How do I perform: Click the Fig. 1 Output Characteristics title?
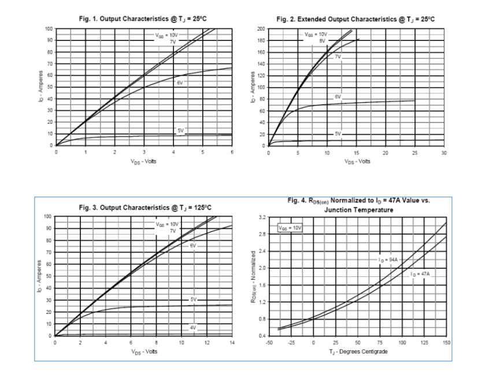click(x=143, y=19)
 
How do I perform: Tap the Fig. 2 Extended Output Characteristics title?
click(x=355, y=19)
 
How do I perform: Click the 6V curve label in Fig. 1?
click(x=180, y=83)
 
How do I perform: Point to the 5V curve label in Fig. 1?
click(x=180, y=131)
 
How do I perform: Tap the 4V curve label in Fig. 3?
click(x=193, y=328)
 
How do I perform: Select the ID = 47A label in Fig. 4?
click(x=420, y=273)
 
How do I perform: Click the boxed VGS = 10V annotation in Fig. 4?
click(x=290, y=228)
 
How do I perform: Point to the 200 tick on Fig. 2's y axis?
click(x=261, y=29)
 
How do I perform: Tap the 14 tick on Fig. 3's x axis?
click(x=232, y=343)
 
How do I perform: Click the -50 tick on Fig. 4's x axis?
click(x=269, y=343)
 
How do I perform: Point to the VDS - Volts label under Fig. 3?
click(x=143, y=351)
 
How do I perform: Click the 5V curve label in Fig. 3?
click(x=193, y=299)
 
